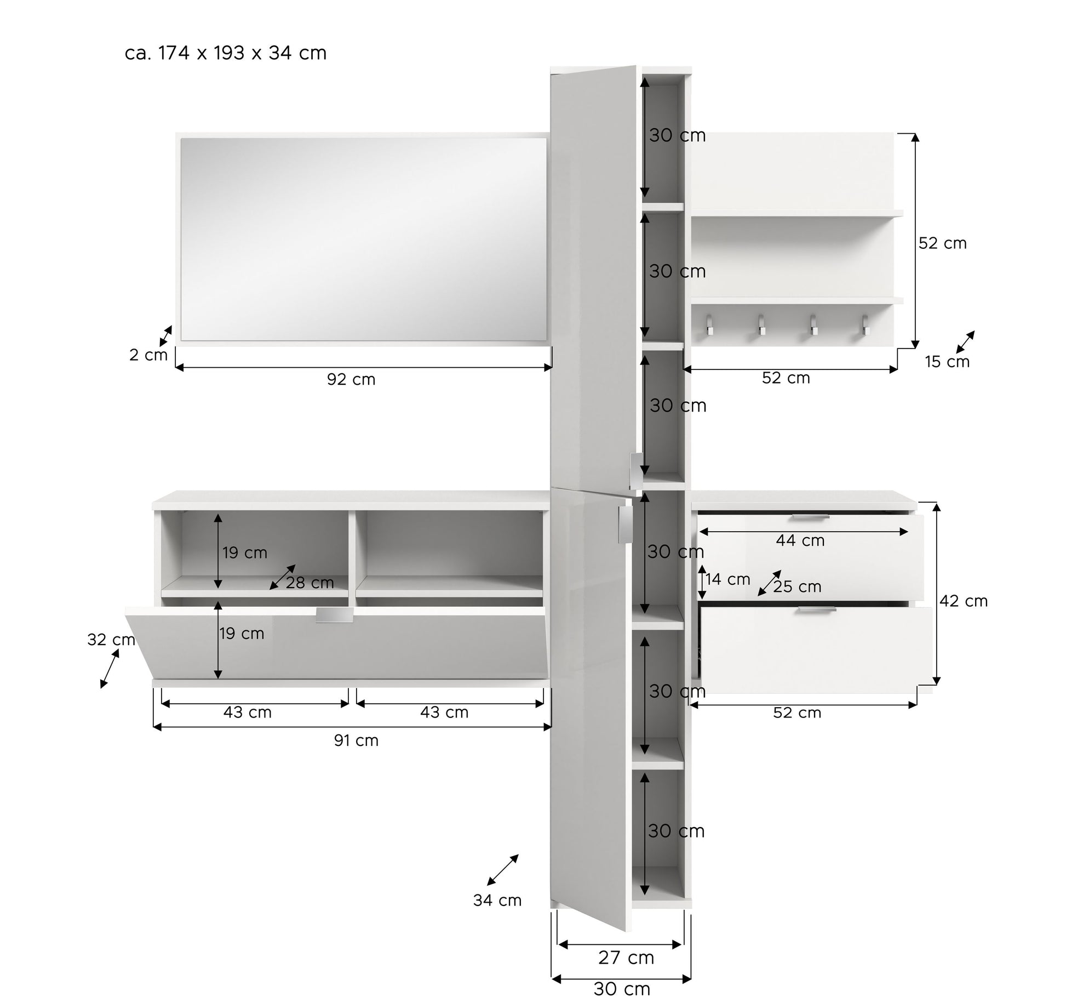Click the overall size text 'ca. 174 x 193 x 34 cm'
pos(226,53)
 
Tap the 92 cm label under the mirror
pos(351,379)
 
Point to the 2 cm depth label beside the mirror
pos(148,355)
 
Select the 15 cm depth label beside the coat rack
pos(947,362)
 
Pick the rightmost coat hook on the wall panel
pos(865,324)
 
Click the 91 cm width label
pos(356,740)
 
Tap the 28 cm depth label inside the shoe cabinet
pos(310,583)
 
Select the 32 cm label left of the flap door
pos(111,640)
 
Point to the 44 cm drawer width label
pos(800,540)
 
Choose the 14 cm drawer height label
pos(727,579)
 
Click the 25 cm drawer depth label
pos(797,586)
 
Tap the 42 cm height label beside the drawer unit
pos(964,601)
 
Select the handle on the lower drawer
pos(817,609)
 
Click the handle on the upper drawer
pos(811,517)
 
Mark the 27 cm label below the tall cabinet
pos(626,958)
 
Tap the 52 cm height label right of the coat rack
pos(943,243)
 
